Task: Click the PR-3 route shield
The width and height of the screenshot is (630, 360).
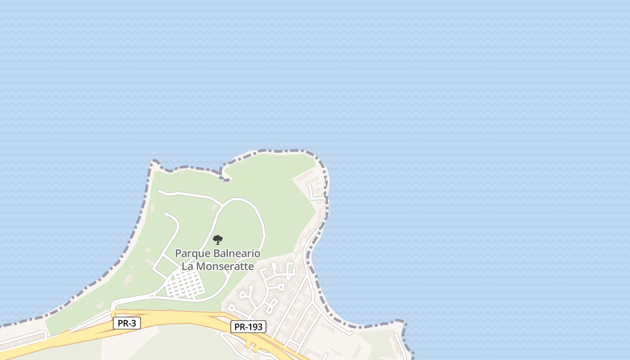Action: [x=126, y=323]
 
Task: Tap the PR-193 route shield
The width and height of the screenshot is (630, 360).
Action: [x=248, y=327]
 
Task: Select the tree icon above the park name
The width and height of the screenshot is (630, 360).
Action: [x=218, y=239]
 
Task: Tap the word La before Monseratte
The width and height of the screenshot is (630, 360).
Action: [x=187, y=266]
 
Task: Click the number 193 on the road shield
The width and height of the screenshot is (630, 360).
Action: [x=254, y=327]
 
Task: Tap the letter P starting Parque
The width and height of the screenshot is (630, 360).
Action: [x=178, y=253]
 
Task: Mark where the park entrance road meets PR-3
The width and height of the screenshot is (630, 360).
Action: [x=112, y=311]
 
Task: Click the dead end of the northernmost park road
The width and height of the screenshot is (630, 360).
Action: [x=159, y=191]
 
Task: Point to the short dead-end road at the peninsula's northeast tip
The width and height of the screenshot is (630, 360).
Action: [x=309, y=184]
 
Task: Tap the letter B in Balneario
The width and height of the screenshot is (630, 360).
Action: [x=211, y=253]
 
